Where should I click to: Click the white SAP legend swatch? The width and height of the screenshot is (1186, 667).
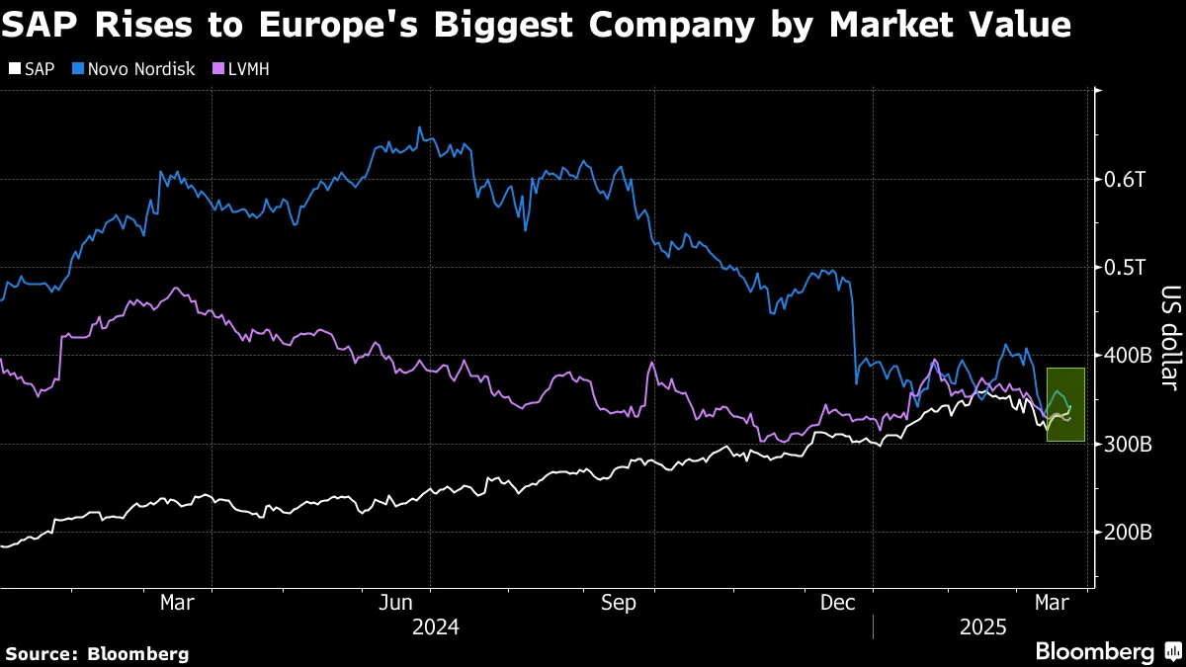point(13,69)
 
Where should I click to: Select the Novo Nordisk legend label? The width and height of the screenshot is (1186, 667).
point(142,69)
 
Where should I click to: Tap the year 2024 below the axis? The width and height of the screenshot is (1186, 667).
point(436,626)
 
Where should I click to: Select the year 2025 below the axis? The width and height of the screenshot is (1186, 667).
point(983,626)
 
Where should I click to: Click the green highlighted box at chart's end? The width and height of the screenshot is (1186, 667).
point(1066,404)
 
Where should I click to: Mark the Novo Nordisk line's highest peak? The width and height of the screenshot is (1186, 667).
point(419,127)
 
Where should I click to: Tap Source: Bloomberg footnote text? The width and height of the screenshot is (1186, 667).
point(97,653)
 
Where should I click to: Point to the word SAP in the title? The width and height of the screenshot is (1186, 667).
point(38,25)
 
